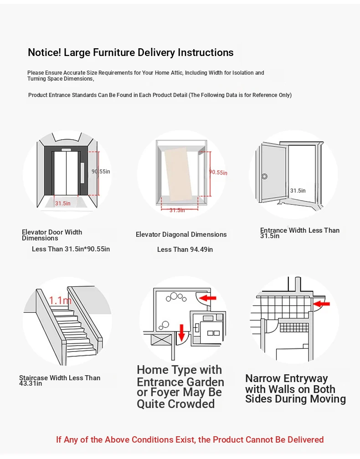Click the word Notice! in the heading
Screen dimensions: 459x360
point(44,52)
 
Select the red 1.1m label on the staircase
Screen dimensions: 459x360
point(60,301)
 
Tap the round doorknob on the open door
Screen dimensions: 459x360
point(264,176)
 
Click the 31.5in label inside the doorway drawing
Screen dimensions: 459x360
point(298,191)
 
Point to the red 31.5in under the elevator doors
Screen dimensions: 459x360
point(62,204)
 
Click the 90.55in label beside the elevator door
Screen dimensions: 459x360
point(101,172)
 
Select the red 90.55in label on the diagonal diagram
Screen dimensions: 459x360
point(218,173)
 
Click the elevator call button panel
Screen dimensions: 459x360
point(82,173)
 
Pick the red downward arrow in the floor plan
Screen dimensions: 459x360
point(181,332)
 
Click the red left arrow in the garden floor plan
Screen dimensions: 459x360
point(208,298)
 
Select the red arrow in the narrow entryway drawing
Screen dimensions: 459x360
point(322,303)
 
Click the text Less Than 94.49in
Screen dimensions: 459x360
point(185,250)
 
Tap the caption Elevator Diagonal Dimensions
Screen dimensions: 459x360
point(181,235)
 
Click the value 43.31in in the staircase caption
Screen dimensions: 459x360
point(31,383)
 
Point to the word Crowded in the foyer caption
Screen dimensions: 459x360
point(190,404)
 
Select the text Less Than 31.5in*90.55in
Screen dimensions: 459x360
point(71,249)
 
